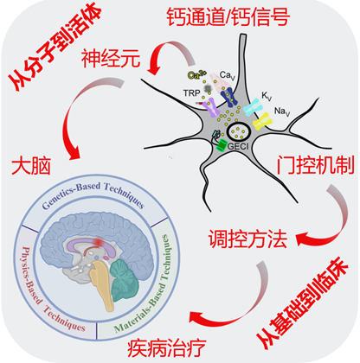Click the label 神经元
[111, 59]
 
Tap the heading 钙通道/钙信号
[228, 17]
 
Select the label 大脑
[31, 166]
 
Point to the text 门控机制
[315, 165]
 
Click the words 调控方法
[247, 239]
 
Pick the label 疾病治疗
[167, 347]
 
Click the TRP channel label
[191, 93]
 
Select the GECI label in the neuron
[238, 146]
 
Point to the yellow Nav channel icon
[262, 121]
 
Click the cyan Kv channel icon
[254, 107]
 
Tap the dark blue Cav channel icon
[228, 97]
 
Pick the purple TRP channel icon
[211, 107]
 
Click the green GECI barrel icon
[222, 145]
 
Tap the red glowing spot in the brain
[99, 242]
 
